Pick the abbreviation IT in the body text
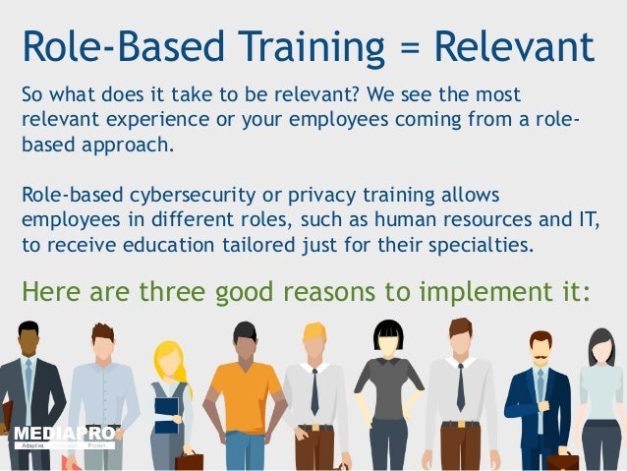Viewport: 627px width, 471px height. pos(586,219)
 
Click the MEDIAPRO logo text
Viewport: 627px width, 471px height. pos(64,433)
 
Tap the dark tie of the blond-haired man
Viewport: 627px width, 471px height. pos(314,392)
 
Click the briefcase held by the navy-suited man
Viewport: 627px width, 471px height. pos(561,462)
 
